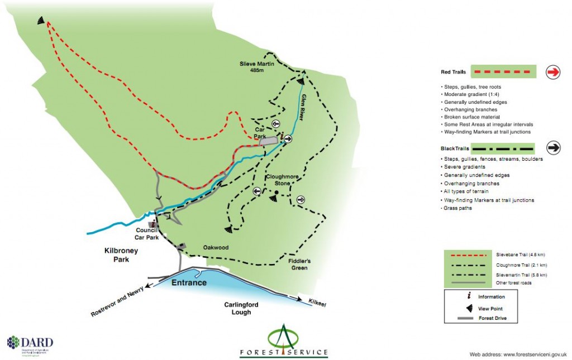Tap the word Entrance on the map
pos(189,283)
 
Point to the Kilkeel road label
pos(316,302)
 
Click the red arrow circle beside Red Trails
pos(553,71)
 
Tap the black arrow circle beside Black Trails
pos(553,148)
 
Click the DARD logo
pos(30,343)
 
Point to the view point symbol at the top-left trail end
pos(41,20)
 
